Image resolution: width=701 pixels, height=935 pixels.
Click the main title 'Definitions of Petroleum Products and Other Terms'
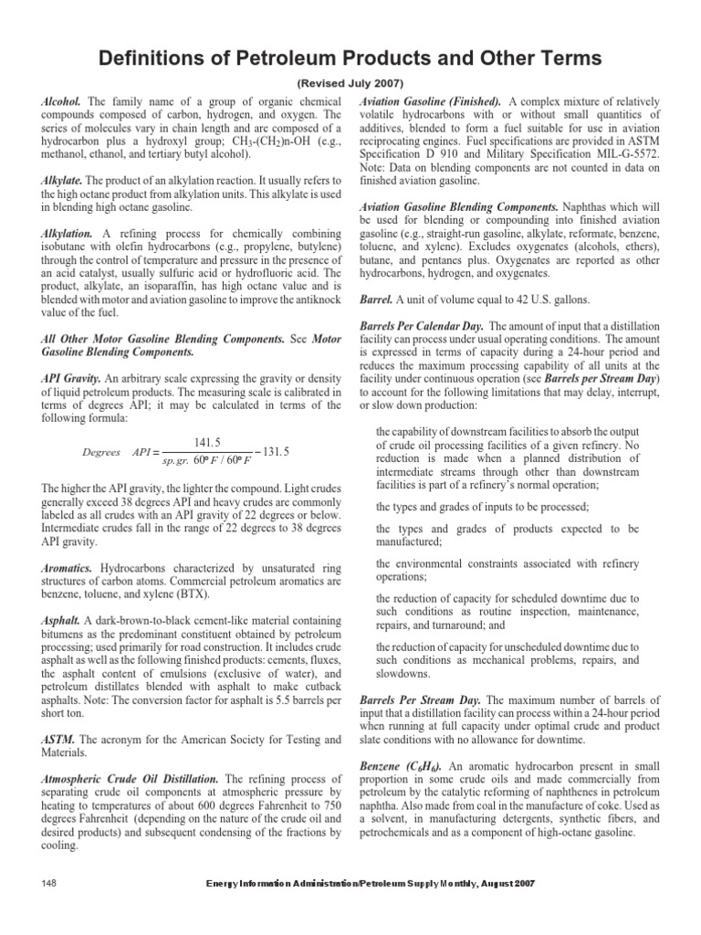click(350, 58)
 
